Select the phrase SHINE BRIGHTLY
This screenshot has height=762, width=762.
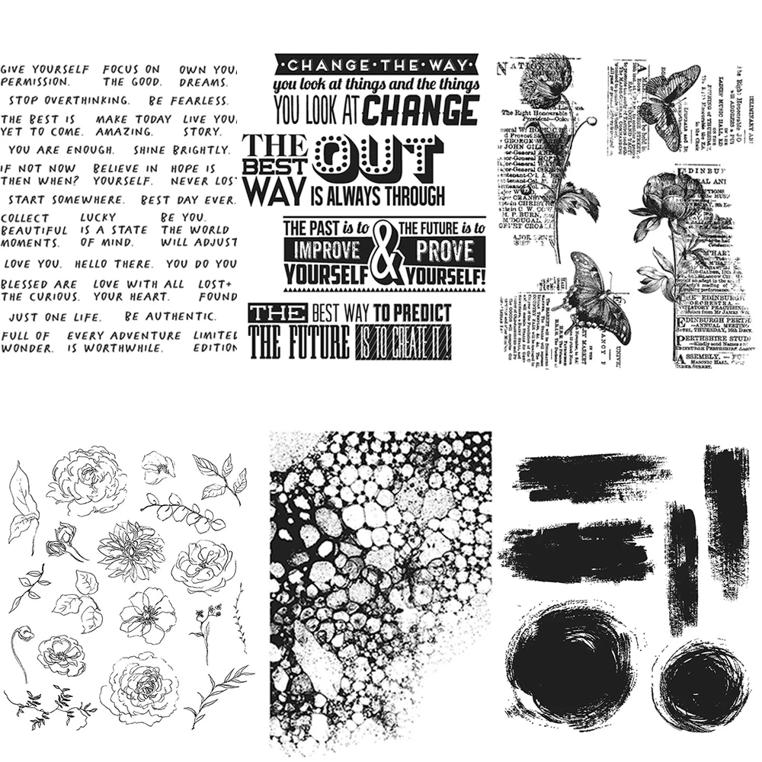pyautogui.click(x=173, y=150)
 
